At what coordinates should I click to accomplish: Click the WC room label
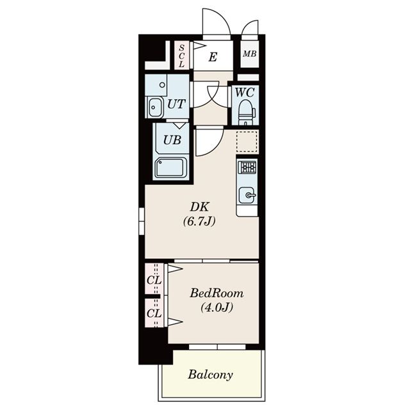[x=245, y=92]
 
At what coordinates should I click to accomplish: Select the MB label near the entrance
[x=250, y=54]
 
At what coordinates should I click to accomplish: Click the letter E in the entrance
[x=213, y=57]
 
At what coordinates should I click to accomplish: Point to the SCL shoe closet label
[x=181, y=56]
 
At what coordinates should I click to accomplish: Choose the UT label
[x=176, y=104]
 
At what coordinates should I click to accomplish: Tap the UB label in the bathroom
[x=172, y=140]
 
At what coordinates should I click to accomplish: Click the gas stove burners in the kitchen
[x=247, y=167]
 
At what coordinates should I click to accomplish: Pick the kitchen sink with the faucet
[x=247, y=195]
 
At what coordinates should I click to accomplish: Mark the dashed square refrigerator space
[x=247, y=142]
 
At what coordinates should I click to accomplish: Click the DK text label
[x=199, y=207]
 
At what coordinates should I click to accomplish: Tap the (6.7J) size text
[x=199, y=222]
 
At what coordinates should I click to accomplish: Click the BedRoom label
[x=217, y=293]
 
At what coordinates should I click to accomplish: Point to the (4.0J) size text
[x=217, y=307]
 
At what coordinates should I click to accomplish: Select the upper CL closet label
[x=154, y=281]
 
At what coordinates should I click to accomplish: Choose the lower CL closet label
[x=154, y=313]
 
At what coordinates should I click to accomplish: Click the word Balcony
[x=211, y=375]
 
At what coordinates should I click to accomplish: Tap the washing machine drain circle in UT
[x=162, y=85]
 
